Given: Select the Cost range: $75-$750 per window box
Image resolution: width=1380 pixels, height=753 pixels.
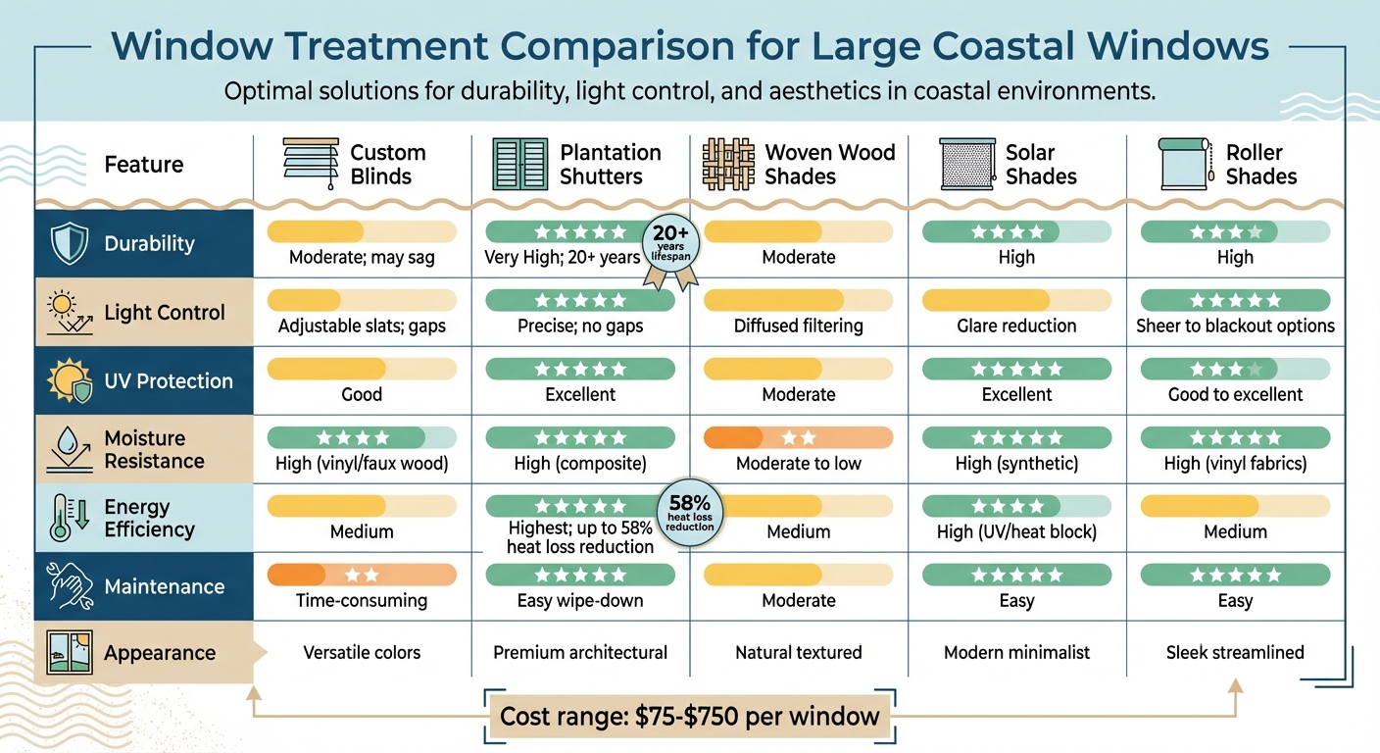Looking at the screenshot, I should (x=689, y=716).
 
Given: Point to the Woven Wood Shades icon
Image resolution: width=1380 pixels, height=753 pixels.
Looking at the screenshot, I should (x=728, y=164).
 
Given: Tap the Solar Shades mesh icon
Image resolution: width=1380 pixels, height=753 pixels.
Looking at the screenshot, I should (x=966, y=164).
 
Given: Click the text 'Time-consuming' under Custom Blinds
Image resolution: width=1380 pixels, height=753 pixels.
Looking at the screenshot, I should (x=362, y=600).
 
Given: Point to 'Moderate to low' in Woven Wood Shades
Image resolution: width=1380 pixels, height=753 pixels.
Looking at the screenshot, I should (x=798, y=463).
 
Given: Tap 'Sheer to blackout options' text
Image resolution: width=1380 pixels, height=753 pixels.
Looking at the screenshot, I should (x=1235, y=326).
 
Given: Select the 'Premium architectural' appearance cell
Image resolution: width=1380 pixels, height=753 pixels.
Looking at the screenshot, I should (x=580, y=652).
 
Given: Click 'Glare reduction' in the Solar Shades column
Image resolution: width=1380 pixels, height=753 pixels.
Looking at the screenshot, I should (x=1016, y=326).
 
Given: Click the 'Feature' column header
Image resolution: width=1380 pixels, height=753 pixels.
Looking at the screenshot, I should (x=143, y=164).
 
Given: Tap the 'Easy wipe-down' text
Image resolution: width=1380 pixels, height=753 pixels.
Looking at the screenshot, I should (x=580, y=600).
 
